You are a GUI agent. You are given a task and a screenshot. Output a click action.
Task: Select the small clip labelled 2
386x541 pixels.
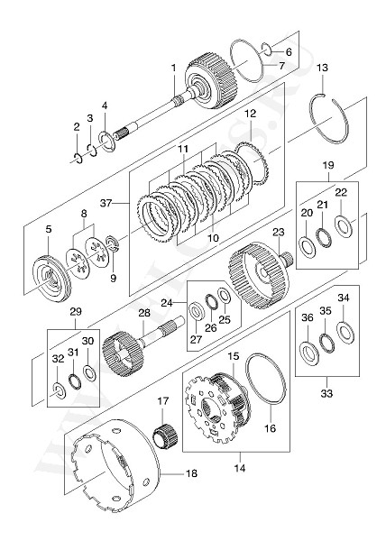point(78,159)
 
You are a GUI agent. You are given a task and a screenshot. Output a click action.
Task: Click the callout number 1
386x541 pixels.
point(172,68)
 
